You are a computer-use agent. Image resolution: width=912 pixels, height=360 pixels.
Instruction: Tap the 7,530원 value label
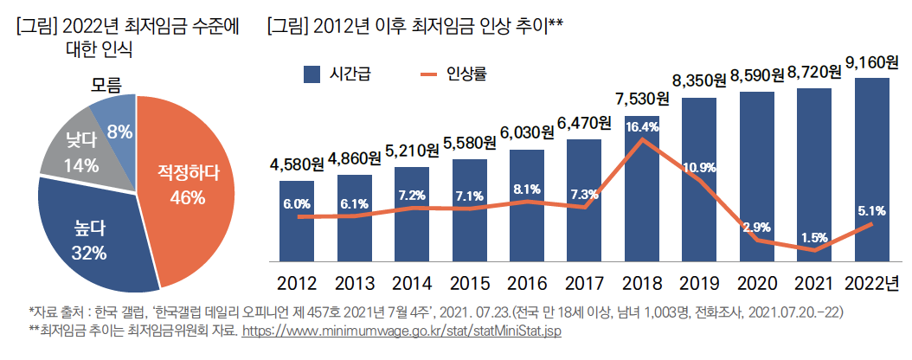[x=642, y=97]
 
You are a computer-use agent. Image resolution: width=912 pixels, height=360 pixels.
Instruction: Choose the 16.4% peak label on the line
[x=642, y=126]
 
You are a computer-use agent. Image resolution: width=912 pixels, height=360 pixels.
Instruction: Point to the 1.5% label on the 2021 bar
[x=814, y=236]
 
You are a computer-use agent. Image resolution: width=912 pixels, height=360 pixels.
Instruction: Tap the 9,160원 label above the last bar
[x=871, y=62]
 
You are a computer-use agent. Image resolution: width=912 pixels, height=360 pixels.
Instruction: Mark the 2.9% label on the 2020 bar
[x=756, y=227]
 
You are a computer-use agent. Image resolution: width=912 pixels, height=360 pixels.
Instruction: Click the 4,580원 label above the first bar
[x=297, y=161]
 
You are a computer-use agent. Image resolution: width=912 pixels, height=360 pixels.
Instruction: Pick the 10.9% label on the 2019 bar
[x=699, y=167]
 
